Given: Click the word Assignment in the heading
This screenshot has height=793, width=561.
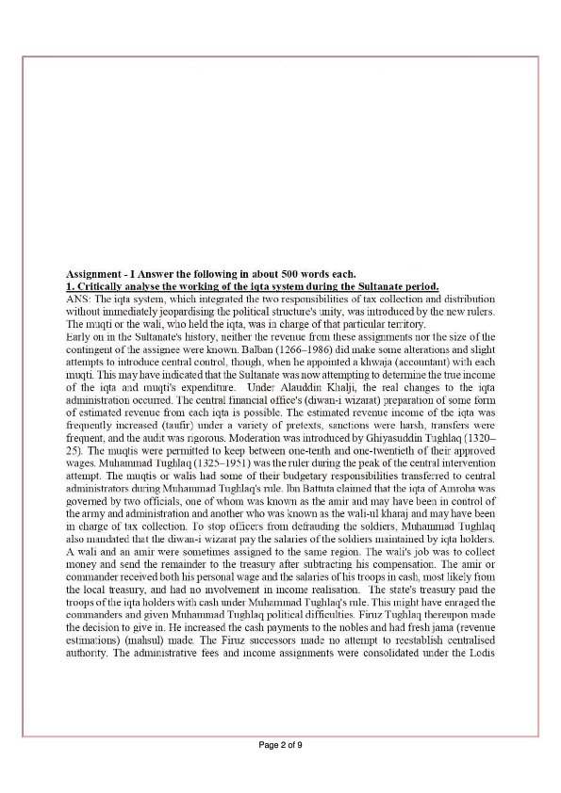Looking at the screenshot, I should [93, 273].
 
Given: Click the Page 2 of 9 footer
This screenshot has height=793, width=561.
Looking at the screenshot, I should [280, 744].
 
